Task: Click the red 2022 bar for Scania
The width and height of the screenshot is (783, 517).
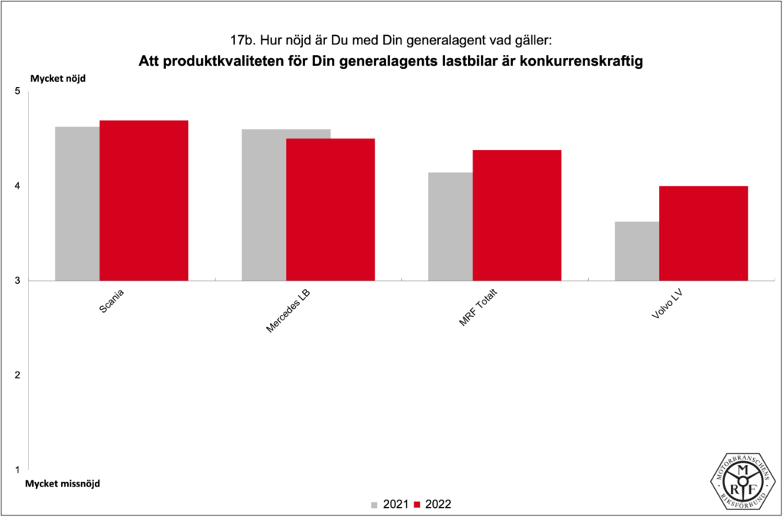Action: pyautogui.click(x=144, y=200)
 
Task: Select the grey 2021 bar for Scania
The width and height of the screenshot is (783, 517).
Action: pyautogui.click(x=77, y=203)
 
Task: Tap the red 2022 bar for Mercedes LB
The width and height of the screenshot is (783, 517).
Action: pyautogui.click(x=330, y=210)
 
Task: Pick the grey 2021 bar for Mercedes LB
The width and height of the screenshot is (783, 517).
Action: pyautogui.click(x=264, y=205)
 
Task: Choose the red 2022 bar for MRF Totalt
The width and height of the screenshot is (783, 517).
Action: pyautogui.click(x=517, y=215)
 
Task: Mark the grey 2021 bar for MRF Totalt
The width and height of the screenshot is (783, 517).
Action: pyautogui.click(x=450, y=226)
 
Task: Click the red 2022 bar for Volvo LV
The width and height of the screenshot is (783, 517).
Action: pyautogui.click(x=703, y=233)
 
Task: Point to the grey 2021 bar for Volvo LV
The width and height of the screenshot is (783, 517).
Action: pyautogui.click(x=637, y=251)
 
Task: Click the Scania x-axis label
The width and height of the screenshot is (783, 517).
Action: pyautogui.click(x=113, y=301)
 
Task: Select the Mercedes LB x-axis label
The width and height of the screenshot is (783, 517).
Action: pyautogui.click(x=288, y=311)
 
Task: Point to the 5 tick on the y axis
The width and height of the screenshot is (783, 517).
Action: pyautogui.click(x=18, y=92)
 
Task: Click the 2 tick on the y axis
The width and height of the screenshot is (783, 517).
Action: pyautogui.click(x=18, y=375)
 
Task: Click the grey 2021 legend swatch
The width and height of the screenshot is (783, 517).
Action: pyautogui.click(x=375, y=505)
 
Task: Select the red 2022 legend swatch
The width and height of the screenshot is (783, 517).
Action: pyautogui.click(x=417, y=505)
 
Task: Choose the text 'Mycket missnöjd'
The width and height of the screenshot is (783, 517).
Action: pyautogui.click(x=63, y=483)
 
